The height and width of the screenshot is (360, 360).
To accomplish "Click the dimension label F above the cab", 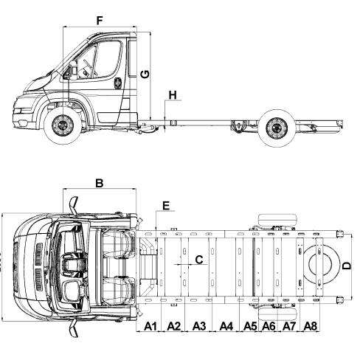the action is pyautogui.click(x=100, y=21).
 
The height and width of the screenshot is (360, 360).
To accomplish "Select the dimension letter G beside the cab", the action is pyautogui.click(x=145, y=74).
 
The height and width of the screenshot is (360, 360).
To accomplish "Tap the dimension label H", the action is pyautogui.click(x=173, y=95).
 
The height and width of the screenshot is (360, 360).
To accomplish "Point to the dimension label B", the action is pyautogui.click(x=100, y=183).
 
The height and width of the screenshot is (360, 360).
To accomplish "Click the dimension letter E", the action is pyautogui.click(x=166, y=206).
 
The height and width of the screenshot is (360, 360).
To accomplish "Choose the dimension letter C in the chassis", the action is pyautogui.click(x=199, y=260).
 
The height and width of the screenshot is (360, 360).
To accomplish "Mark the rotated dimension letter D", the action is pyautogui.click(x=347, y=266).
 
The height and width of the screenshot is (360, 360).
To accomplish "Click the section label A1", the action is pyautogui.click(x=150, y=326).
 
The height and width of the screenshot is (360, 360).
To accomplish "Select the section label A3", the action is pyautogui.click(x=199, y=326).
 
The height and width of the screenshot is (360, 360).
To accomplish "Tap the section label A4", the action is pyautogui.click(x=226, y=326).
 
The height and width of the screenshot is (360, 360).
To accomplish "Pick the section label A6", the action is pyautogui.click(x=269, y=326).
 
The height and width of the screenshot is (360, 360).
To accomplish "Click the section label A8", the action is pyautogui.click(x=311, y=326).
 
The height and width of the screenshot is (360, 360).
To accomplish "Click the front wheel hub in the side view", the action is pyautogui.click(x=63, y=125).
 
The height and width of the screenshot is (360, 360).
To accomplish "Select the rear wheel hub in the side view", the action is pyautogui.click(x=277, y=128).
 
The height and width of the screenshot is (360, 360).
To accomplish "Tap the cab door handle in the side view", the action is pyautogui.click(x=117, y=83).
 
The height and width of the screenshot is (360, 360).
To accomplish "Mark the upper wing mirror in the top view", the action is pyautogui.click(x=74, y=204).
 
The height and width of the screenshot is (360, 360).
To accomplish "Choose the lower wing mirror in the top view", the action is pyautogui.click(x=73, y=328).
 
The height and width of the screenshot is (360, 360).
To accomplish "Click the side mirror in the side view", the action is pyautogui.click(x=73, y=70).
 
